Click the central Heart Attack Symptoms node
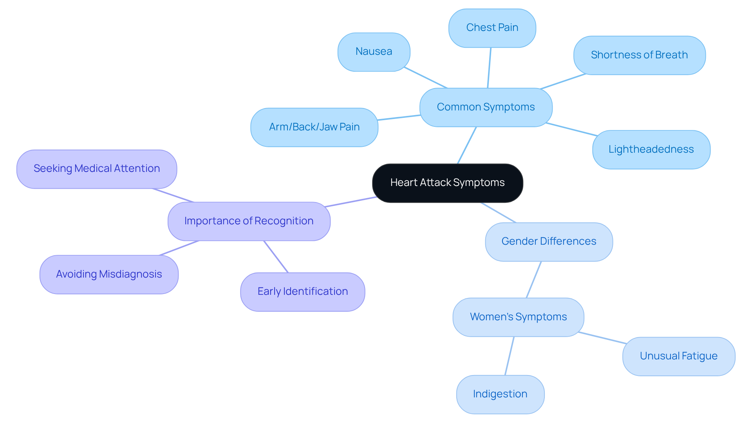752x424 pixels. pyautogui.click(x=447, y=183)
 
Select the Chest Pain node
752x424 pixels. pyautogui.click(x=492, y=28)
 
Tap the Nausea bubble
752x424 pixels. pyautogui.click(x=374, y=52)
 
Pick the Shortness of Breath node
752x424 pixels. pyautogui.click(x=639, y=55)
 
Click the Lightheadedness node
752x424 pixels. pyautogui.click(x=651, y=150)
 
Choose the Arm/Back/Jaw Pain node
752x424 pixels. pyautogui.click(x=314, y=127)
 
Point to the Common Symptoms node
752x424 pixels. pyautogui.click(x=486, y=107)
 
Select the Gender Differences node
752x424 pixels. pyautogui.click(x=549, y=242)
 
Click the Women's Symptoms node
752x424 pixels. pyautogui.click(x=518, y=317)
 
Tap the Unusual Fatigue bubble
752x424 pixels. pyautogui.click(x=678, y=356)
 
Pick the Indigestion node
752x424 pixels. pyautogui.click(x=500, y=394)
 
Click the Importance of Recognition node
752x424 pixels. pyautogui.click(x=249, y=221)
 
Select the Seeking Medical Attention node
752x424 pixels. pyautogui.click(x=97, y=169)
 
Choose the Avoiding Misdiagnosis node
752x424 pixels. pyautogui.click(x=109, y=274)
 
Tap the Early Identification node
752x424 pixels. pyautogui.click(x=302, y=292)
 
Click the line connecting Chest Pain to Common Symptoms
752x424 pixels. pyautogui.click(x=489, y=68)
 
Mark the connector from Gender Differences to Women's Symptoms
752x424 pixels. pyautogui.click(x=534, y=280)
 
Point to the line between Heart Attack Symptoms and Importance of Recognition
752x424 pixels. pyautogui.click(x=351, y=202)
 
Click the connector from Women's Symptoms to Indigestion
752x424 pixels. pyautogui.click(x=509, y=356)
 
